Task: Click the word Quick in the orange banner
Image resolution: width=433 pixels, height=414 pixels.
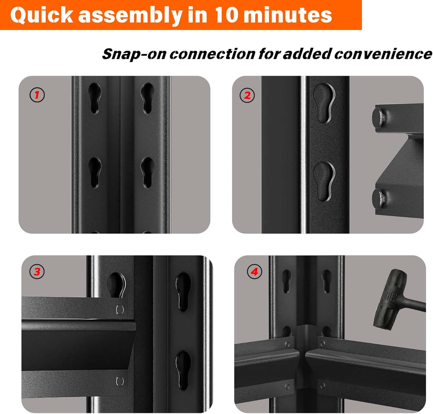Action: pyautogui.click(x=41, y=15)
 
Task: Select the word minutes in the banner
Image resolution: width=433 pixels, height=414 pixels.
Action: pyautogui.click(x=288, y=15)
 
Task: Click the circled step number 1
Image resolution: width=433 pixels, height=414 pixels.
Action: pyautogui.click(x=37, y=95)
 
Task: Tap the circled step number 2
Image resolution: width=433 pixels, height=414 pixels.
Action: pyautogui.click(x=247, y=95)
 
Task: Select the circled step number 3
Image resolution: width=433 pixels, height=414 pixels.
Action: pyautogui.click(x=37, y=272)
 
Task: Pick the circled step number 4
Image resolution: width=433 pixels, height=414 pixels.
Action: pyautogui.click(x=254, y=272)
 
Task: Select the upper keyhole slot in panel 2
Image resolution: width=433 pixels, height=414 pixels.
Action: pyautogui.click(x=324, y=103)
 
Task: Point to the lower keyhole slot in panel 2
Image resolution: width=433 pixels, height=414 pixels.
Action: pyautogui.click(x=324, y=181)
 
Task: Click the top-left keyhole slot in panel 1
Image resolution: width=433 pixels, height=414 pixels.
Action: pyautogui.click(x=95, y=98)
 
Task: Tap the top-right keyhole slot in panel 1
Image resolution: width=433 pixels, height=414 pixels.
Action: pyautogui.click(x=147, y=98)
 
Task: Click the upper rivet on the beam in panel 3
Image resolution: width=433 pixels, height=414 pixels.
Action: pyautogui.click(x=120, y=309)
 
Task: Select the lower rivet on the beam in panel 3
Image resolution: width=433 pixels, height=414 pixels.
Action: pyautogui.click(x=120, y=381)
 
